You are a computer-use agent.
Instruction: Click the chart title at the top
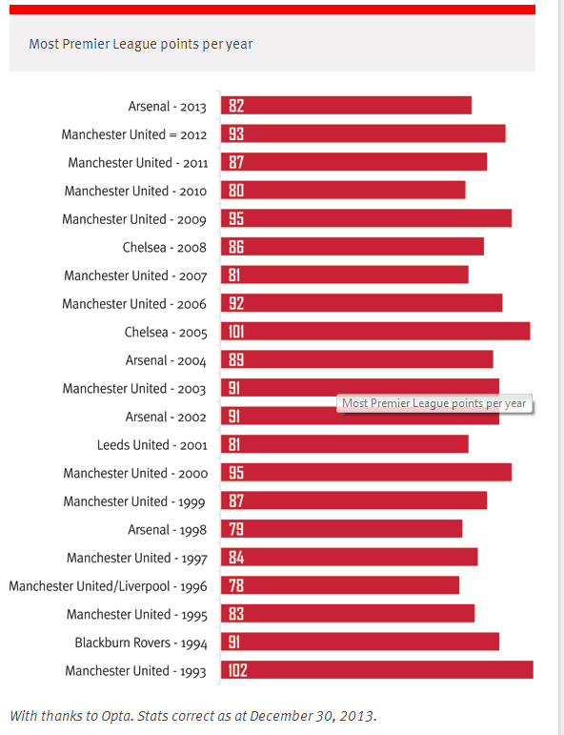(x=141, y=44)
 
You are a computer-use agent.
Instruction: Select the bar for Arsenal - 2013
(x=346, y=106)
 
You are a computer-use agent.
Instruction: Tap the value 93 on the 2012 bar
(x=236, y=134)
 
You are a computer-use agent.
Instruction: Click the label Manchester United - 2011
(x=138, y=163)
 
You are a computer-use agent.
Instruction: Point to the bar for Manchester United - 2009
(x=367, y=218)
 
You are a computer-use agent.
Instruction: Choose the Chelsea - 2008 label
(x=165, y=247)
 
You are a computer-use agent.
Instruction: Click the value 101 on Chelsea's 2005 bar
(x=236, y=332)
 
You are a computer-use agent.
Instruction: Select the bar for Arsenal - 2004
(x=357, y=359)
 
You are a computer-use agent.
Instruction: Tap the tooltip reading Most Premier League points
(x=434, y=403)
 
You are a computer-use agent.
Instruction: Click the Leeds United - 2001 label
(x=151, y=445)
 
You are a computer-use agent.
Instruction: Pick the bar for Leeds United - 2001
(x=345, y=444)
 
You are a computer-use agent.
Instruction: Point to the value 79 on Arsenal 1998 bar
(x=236, y=529)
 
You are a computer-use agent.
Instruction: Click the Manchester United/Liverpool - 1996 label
(x=108, y=586)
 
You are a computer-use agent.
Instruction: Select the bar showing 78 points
(x=340, y=585)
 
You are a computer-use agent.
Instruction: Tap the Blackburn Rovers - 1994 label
(x=141, y=643)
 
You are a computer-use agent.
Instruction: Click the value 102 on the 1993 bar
(x=237, y=670)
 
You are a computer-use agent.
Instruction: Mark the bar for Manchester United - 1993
(x=377, y=670)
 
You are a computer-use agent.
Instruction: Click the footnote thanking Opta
(x=193, y=716)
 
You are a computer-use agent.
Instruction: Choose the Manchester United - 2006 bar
(x=362, y=303)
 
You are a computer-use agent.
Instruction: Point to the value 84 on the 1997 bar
(x=236, y=558)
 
